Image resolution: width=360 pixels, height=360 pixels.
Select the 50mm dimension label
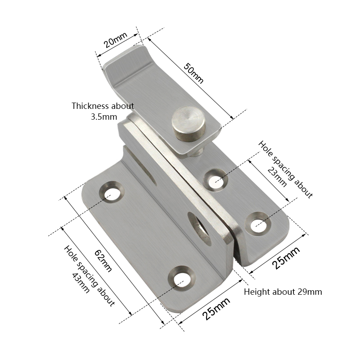193,73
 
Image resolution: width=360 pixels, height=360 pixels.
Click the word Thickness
90,106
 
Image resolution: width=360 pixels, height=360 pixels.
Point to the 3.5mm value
104,117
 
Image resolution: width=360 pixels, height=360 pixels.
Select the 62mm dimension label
103,261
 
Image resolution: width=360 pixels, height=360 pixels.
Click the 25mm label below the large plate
216,308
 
